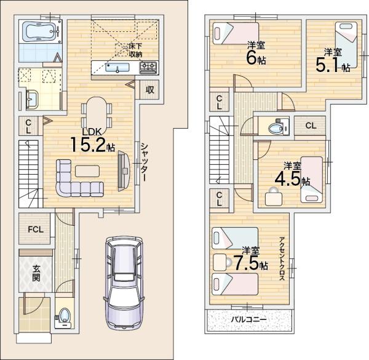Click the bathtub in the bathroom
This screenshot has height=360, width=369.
[41, 32]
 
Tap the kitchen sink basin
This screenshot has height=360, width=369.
[117, 68]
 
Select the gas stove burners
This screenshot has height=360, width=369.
[148, 67]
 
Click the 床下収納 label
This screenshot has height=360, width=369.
[135, 50]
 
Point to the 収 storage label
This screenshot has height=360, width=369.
[149, 89]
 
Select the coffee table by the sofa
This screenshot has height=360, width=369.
[87, 171]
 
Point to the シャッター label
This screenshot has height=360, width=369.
[143, 162]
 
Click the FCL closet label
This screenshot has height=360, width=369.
[36, 230]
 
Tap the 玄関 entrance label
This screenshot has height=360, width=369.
[36, 273]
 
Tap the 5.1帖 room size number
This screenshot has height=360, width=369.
[333, 65]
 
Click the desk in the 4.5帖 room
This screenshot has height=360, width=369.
[274, 198]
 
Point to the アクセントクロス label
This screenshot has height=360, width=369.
[282, 259]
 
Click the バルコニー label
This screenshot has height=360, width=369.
[248, 319]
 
